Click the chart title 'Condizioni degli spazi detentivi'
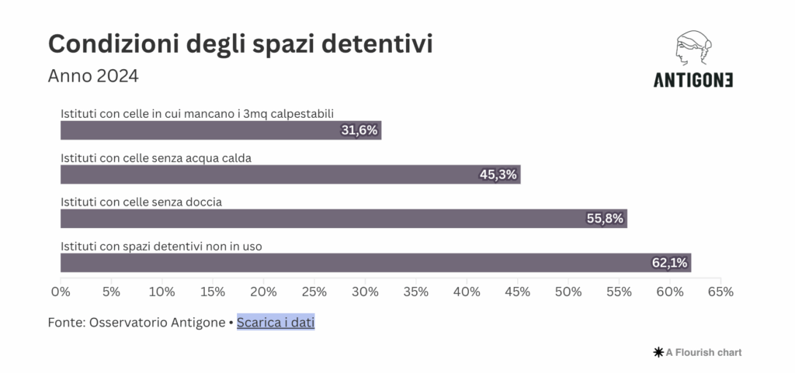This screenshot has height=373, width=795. click(240, 44)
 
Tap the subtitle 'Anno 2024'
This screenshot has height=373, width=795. click(93, 76)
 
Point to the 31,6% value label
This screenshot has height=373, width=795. click(359, 130)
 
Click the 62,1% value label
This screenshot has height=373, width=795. click(669, 263)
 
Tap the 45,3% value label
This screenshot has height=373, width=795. click(498, 174)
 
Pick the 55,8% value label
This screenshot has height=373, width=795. click(605, 219)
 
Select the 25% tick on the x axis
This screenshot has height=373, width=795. click(314, 292)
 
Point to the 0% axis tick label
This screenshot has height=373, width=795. click(61, 292)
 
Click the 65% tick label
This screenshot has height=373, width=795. click(720, 292)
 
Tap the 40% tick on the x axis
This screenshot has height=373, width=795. click(467, 292)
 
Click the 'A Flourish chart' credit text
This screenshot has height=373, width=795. click(703, 352)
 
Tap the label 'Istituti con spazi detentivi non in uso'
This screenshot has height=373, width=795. click(161, 247)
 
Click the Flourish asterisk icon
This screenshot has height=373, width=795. click(659, 352)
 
